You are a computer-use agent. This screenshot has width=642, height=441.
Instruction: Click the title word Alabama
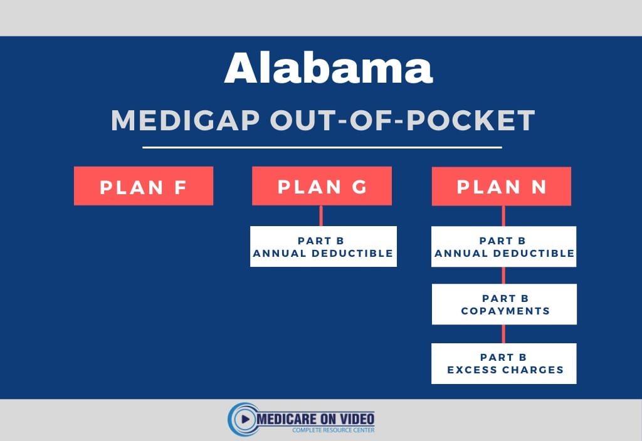[x=329, y=68]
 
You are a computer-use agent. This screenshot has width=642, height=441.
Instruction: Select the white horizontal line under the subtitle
[x=322, y=148]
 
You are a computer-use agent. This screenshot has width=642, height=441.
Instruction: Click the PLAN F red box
[x=143, y=186]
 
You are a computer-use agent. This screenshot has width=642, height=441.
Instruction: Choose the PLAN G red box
[x=322, y=186]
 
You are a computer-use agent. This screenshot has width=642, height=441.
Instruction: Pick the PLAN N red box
[x=501, y=187]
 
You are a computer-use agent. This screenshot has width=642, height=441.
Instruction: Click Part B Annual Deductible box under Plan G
[x=323, y=247]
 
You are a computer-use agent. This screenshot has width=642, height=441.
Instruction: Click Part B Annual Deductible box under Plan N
[x=503, y=247]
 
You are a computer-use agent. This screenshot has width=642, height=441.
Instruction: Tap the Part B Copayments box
[x=504, y=304]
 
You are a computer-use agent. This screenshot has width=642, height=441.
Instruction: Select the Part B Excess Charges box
[x=504, y=363]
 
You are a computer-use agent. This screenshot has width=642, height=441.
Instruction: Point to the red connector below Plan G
[x=321, y=215]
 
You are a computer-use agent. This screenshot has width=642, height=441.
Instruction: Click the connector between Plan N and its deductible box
[x=503, y=216]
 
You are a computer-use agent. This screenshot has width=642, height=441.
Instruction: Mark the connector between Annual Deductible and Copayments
[x=503, y=276]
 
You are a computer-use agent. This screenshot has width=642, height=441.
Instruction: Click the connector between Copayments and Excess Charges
[x=503, y=334]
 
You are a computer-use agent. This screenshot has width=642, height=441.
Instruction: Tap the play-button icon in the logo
[x=245, y=419]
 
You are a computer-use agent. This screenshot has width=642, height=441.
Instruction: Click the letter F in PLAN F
[x=181, y=187]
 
